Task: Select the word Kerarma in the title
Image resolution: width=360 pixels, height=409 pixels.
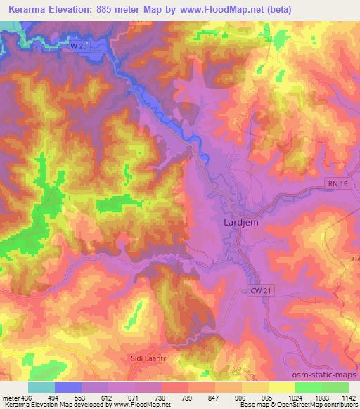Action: pos(25,11)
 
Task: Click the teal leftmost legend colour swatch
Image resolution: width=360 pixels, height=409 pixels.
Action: pos(41,387)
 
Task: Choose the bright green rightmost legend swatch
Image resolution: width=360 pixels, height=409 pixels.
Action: pos(335,387)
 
